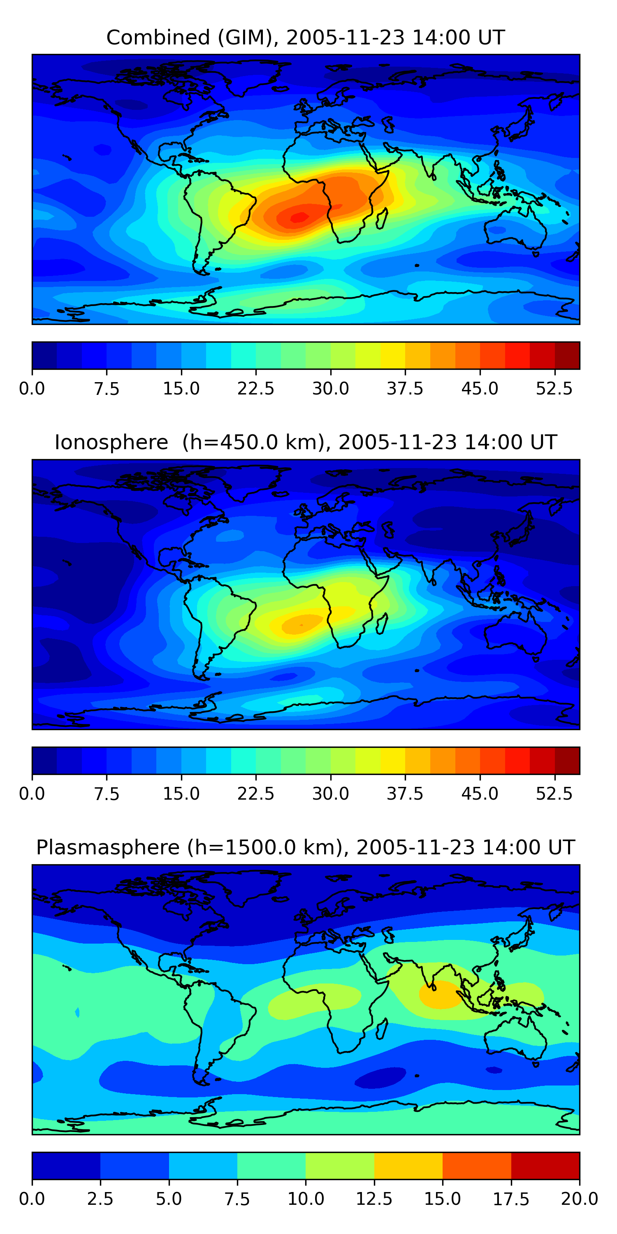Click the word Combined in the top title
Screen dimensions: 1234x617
[x=158, y=37]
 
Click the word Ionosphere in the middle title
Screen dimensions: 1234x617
[x=111, y=442]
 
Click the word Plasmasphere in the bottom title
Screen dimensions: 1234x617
[x=108, y=847]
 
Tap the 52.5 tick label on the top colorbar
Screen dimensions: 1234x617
[x=554, y=388]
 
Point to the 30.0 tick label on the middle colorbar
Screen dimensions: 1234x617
[x=331, y=794]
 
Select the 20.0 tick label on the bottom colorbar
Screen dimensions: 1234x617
[x=579, y=1199]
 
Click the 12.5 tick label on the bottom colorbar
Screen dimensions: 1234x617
[x=374, y=1199]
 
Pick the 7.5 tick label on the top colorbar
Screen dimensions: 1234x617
[x=107, y=388]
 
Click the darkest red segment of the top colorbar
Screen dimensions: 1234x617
[x=567, y=355]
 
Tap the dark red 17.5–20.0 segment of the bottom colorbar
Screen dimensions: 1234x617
[x=545, y=1165]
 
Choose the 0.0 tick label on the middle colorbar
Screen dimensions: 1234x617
[x=32, y=794]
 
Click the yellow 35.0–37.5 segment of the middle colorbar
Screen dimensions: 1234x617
[x=393, y=761]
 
